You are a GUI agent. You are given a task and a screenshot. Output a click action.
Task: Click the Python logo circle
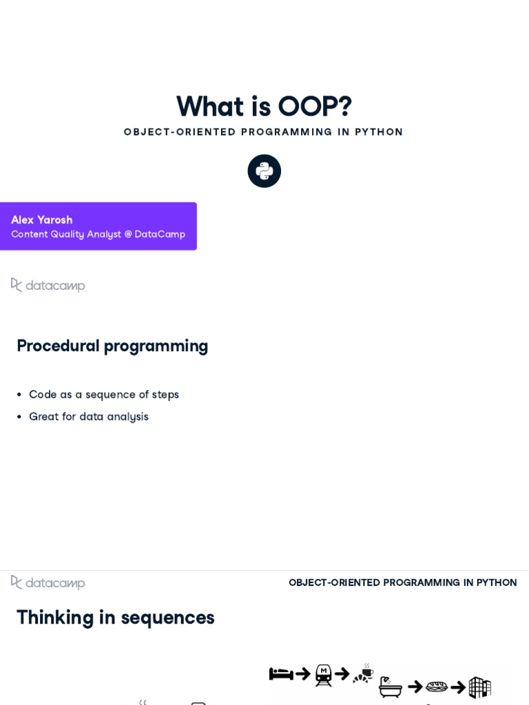tap(264, 171)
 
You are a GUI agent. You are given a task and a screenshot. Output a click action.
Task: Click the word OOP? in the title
tap(315, 107)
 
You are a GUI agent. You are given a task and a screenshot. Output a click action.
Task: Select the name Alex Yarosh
tap(42, 220)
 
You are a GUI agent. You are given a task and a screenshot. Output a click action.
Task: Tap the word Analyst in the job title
tap(104, 234)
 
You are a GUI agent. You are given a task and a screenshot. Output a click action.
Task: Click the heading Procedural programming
tap(112, 346)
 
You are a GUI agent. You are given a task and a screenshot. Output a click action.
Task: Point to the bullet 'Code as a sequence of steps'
tap(104, 394)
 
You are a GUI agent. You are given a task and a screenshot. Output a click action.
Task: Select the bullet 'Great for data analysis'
tap(89, 417)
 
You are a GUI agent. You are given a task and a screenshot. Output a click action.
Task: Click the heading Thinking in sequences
tap(116, 617)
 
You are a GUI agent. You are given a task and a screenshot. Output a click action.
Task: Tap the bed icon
tap(281, 674)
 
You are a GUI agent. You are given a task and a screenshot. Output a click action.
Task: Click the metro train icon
tap(323, 675)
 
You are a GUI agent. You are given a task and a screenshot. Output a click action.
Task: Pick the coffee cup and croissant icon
tap(363, 674)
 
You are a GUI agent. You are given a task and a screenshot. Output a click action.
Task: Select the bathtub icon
tap(391, 686)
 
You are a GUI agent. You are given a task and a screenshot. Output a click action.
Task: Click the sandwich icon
tap(437, 686)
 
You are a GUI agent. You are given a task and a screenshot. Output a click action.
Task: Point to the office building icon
tap(479, 686)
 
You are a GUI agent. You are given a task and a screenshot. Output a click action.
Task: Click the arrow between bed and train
tap(303, 674)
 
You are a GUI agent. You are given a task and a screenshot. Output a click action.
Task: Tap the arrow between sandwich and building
tap(458, 687)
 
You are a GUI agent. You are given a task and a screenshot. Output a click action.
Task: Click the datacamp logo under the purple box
tap(48, 285)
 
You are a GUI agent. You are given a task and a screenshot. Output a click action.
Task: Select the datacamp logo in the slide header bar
tap(48, 582)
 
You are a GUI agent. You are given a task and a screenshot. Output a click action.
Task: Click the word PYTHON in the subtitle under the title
tap(379, 132)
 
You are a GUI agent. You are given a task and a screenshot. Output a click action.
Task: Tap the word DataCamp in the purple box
tap(160, 234)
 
